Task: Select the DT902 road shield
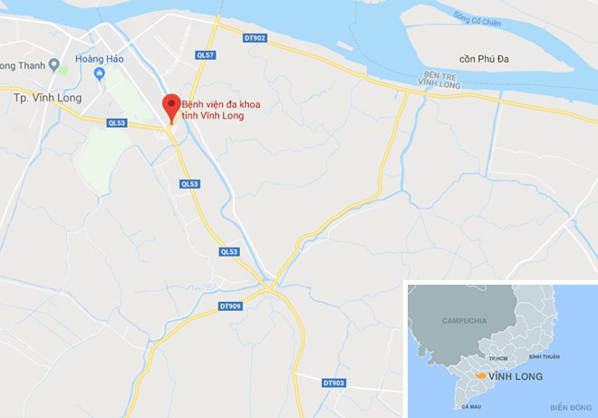(256, 38)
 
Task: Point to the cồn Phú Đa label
(486, 58)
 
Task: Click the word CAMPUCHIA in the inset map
(465, 321)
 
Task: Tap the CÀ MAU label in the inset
(470, 406)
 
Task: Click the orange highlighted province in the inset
(477, 374)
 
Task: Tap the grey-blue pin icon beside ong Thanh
(53, 64)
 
